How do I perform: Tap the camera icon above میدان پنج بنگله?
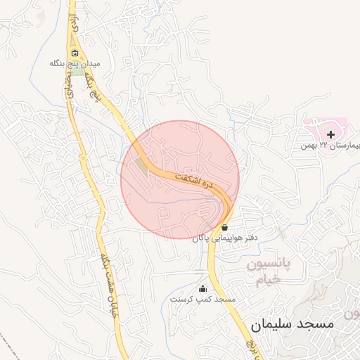point(75,53)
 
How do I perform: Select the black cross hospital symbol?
point(331,133)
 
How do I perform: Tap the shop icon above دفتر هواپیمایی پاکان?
point(224,228)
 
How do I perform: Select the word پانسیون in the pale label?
point(273,266)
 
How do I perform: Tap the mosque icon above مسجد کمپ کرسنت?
point(203,288)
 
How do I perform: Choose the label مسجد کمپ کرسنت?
point(202,299)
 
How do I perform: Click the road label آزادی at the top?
point(72,25)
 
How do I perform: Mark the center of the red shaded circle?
point(180,180)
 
